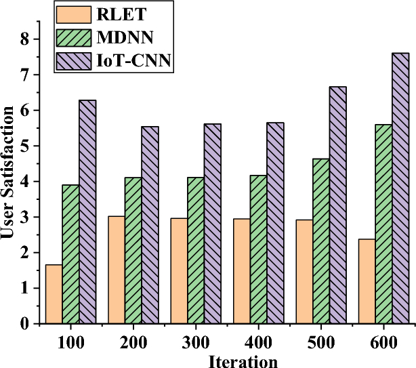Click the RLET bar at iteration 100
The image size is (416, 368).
[x=54, y=294]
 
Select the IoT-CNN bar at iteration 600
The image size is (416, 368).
[x=400, y=188]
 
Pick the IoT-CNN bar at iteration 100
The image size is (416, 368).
[x=87, y=211]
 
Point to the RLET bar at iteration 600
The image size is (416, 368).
[x=367, y=281]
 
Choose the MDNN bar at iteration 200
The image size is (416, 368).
[x=133, y=250]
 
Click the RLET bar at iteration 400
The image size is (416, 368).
[x=242, y=271]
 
